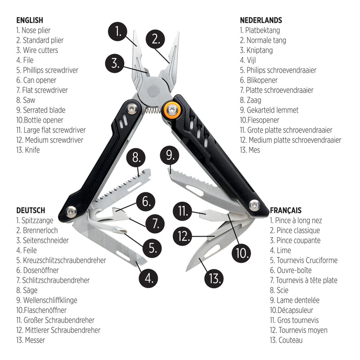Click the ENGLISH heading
tap(30, 20)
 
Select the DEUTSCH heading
tap(31, 210)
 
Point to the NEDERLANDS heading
tap(261, 20)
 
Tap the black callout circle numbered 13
tap(213, 278)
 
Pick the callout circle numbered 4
tap(148, 278)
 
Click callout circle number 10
tap(242, 253)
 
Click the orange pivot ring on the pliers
tap(171, 108)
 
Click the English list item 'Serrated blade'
tap(40, 110)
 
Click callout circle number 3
tap(115, 63)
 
